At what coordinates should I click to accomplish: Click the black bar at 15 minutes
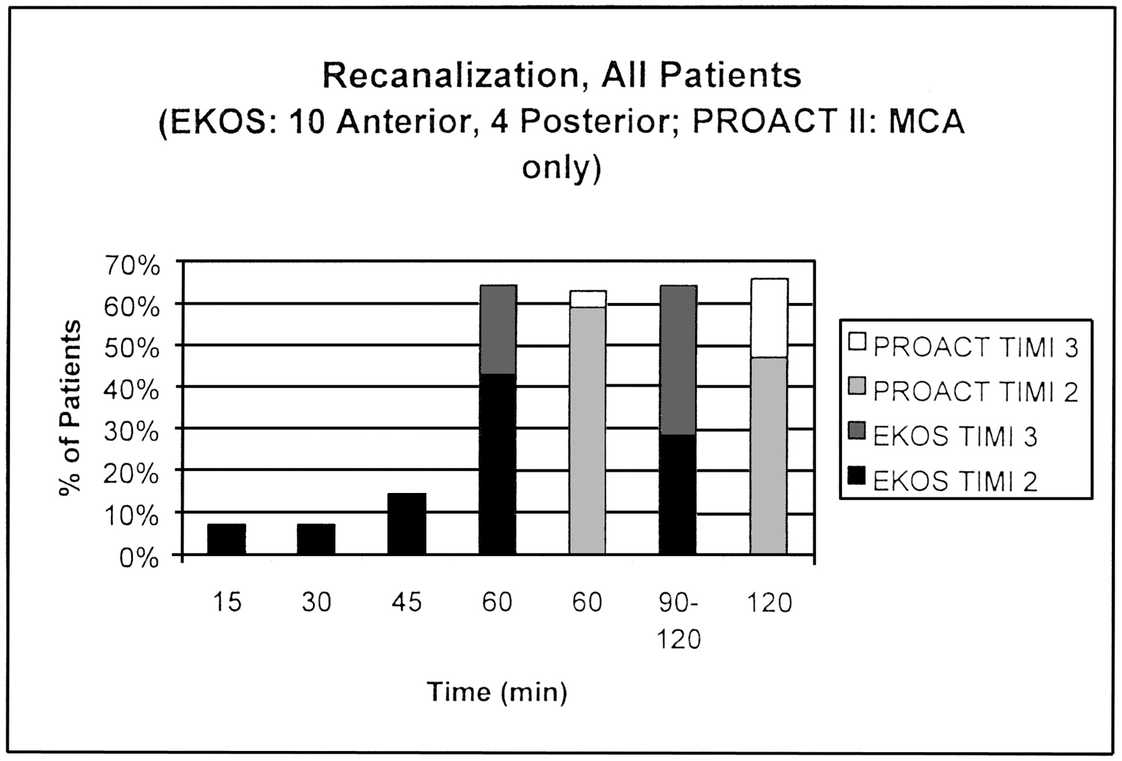[x=226, y=539]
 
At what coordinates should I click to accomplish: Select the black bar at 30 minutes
[x=316, y=539]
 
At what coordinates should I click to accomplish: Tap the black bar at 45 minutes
[x=406, y=524]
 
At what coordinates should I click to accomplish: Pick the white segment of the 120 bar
[x=769, y=318]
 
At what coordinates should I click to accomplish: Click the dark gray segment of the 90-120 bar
[x=678, y=360]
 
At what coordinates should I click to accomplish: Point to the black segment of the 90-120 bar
[x=678, y=495]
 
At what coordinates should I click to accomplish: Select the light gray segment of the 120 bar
[x=769, y=456]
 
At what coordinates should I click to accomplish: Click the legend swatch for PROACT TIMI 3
[x=858, y=342]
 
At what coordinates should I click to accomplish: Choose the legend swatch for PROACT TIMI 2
[x=858, y=387]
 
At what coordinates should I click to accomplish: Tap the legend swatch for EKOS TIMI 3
[x=858, y=432]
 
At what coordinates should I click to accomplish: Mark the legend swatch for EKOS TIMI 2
[x=858, y=477]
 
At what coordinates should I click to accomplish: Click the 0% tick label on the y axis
[x=139, y=558]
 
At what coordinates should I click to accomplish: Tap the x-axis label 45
[x=406, y=603]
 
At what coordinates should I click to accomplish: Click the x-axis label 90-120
[x=679, y=621]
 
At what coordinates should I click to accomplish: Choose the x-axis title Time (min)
[x=497, y=692]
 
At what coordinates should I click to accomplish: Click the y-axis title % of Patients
[x=70, y=408]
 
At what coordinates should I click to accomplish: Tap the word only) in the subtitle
[x=561, y=168]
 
